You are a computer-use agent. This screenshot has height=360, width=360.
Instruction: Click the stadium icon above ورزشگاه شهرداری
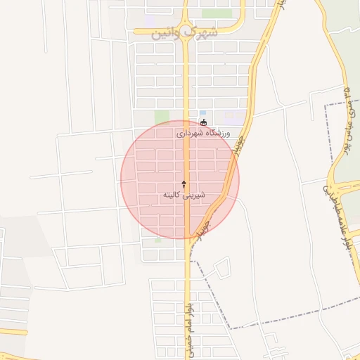tap(204, 122)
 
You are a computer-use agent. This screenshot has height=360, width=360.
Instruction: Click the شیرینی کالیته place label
tap(184, 193)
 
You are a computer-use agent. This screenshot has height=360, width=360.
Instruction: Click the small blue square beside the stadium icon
tap(202, 113)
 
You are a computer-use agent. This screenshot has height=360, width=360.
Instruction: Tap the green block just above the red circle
tap(162, 116)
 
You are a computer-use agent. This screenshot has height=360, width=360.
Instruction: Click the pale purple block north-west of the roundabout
tap(151, 21)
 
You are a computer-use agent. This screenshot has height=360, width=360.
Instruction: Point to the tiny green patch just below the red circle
tap(157, 240)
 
